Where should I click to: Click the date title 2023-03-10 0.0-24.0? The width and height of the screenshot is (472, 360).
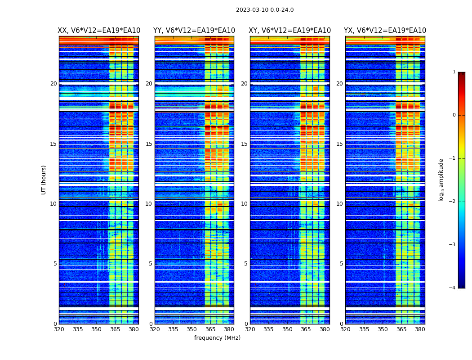tap(265, 10)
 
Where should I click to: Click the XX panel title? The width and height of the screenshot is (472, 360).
tap(99, 31)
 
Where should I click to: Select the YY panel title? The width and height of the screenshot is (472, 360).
tap(194, 31)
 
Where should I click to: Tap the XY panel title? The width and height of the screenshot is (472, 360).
tap(289, 31)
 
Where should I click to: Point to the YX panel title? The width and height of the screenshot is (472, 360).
tap(385, 31)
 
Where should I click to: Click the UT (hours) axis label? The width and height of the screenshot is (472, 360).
tap(44, 180)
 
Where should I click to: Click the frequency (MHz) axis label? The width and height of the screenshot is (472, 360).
tap(217, 338)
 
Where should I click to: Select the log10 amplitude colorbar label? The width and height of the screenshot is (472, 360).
tap(441, 180)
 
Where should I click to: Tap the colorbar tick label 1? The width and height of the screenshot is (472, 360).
tap(454, 72)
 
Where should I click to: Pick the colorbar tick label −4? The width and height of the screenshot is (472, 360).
tap(453, 288)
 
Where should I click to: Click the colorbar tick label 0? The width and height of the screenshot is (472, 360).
tap(454, 115)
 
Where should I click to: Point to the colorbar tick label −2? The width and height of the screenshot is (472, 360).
tap(453, 202)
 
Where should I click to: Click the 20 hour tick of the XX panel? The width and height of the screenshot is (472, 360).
tap(53, 84)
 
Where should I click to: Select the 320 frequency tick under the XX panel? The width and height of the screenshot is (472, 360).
tap(59, 329)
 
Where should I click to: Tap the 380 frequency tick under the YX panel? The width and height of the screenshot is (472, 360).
tap(420, 329)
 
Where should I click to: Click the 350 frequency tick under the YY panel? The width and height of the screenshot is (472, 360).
tap(192, 329)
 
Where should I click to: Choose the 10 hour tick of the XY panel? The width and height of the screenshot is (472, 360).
tap(244, 204)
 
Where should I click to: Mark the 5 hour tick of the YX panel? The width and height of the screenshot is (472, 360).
tap(341, 264)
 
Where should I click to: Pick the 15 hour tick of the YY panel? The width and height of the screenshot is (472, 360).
tap(149, 144)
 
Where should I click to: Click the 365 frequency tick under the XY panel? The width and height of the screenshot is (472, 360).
tap(306, 329)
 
